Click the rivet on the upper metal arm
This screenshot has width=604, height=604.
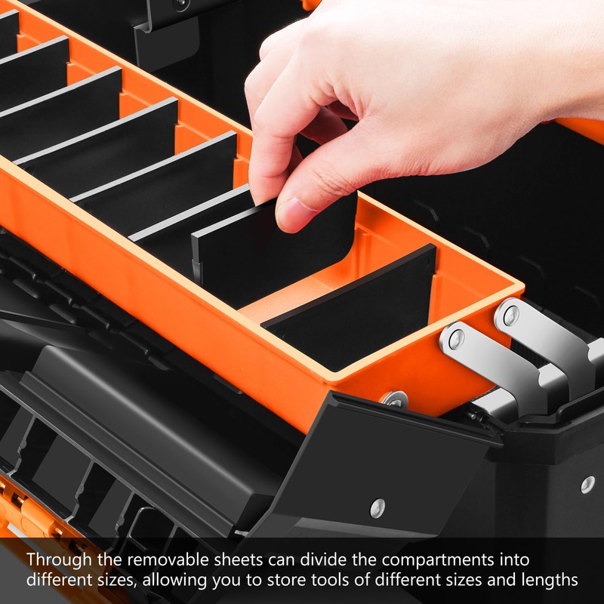pos(511,315)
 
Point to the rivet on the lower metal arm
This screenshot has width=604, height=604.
pos(456,339)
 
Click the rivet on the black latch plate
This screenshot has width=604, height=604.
pos(377,508)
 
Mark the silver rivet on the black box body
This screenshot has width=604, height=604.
pos(587,484)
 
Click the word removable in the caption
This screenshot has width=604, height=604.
pos(163,560)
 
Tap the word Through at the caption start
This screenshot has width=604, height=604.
pos(56,560)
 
